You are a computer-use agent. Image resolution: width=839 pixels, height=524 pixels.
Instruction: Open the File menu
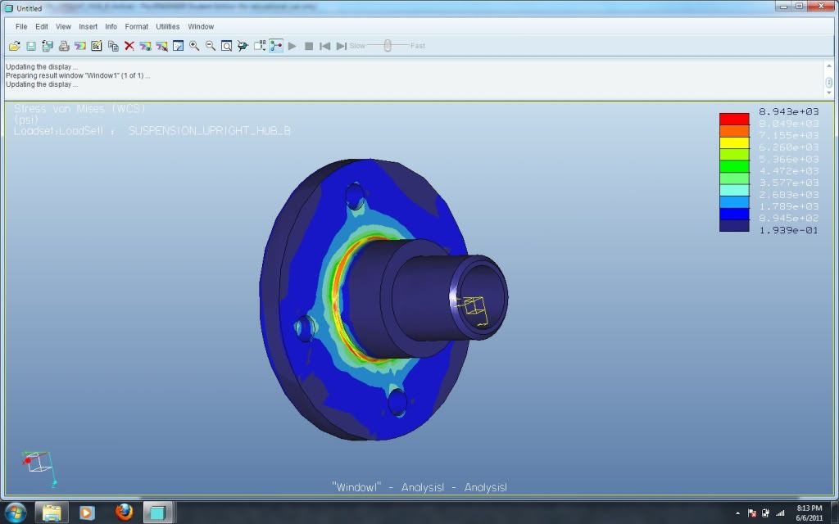(x=21, y=26)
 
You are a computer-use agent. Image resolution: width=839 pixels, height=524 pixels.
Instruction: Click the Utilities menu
(x=167, y=26)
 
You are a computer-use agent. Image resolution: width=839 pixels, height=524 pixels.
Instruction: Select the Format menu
(x=136, y=26)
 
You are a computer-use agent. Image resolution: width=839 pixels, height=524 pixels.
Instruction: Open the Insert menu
(x=88, y=26)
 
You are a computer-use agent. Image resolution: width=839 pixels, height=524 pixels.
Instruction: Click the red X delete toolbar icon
(x=129, y=46)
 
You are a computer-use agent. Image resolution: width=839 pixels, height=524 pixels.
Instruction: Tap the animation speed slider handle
(x=387, y=46)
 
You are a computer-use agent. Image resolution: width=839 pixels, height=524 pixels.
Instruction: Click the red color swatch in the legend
(x=734, y=119)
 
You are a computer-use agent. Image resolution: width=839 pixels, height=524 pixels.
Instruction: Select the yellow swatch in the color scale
(x=734, y=142)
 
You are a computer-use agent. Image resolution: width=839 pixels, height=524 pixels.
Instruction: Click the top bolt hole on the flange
(x=355, y=196)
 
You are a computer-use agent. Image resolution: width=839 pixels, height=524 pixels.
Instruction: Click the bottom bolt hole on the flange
(x=397, y=401)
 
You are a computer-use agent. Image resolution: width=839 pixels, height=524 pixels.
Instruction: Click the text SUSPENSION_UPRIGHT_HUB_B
(x=210, y=131)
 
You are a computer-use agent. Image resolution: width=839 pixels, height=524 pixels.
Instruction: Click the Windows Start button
(x=15, y=513)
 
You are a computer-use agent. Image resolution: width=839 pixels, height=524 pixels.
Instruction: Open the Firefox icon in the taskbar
(x=124, y=513)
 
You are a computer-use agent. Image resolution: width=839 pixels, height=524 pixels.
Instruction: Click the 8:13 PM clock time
(x=809, y=508)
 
